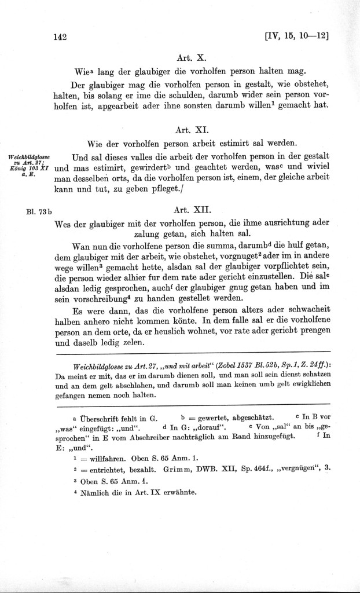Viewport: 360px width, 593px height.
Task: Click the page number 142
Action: (x=60, y=37)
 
